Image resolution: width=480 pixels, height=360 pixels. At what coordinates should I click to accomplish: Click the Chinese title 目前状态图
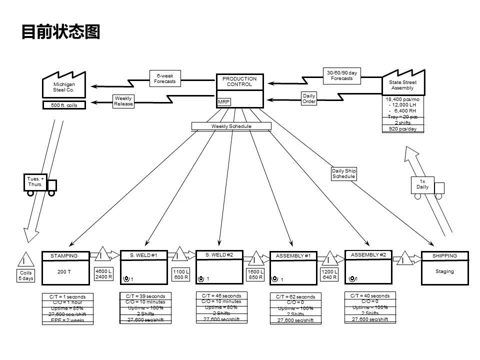tap(60, 32)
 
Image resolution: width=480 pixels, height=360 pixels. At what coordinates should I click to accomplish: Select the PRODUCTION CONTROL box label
tap(239, 81)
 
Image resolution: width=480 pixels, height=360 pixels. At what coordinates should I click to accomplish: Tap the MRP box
tap(223, 101)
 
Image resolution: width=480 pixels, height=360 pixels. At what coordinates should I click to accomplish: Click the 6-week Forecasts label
tap(165, 78)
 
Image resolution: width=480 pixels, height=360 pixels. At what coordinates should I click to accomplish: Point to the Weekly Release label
tap(123, 101)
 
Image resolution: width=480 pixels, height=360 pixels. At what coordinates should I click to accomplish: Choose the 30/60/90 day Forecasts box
tap(342, 75)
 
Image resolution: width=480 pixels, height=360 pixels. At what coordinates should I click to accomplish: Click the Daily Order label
tap(309, 98)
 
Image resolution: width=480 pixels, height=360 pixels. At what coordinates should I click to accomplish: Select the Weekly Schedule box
tap(231, 126)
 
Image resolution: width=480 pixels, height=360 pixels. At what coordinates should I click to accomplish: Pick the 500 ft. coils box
tap(64, 105)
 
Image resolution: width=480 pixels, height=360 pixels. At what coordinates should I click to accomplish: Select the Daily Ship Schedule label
tap(343, 173)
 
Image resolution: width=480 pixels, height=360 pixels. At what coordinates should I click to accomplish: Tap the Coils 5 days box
tap(25, 275)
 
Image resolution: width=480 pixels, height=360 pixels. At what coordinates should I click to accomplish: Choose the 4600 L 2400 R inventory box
tap(104, 273)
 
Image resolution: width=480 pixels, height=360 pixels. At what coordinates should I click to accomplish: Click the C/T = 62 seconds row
tap(295, 297)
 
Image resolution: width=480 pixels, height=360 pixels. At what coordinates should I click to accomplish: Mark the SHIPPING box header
tap(444, 256)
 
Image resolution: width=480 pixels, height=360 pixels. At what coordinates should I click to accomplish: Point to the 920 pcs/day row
tap(402, 129)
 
